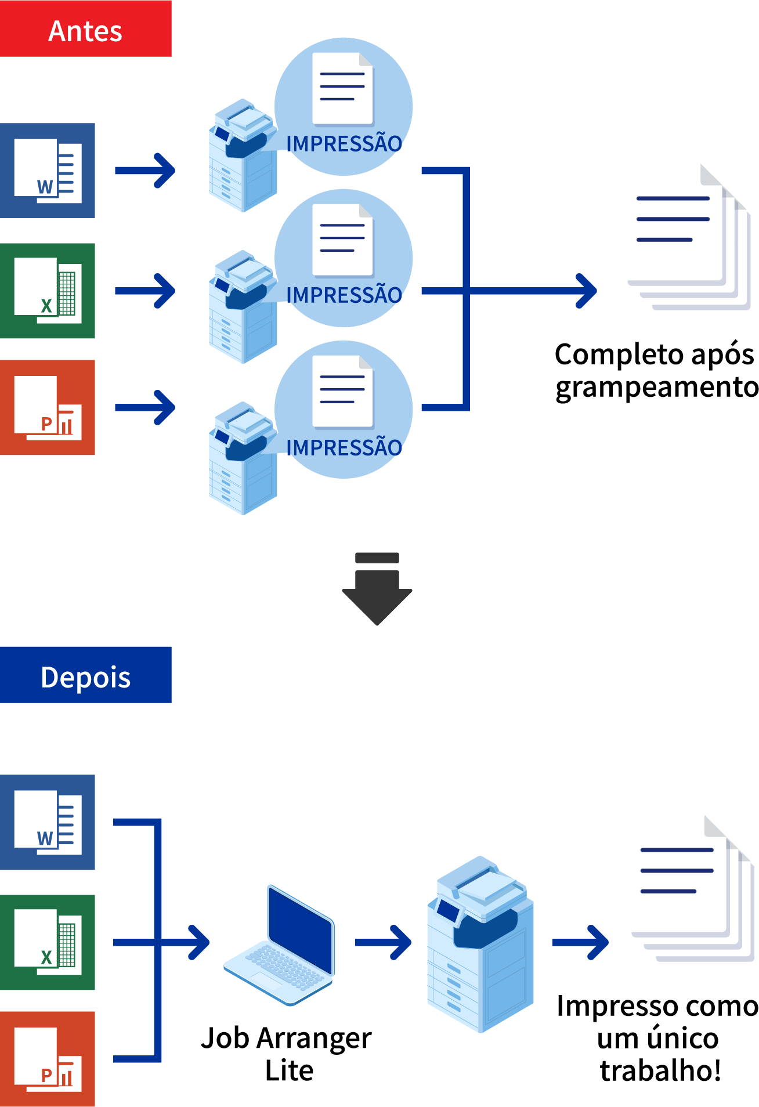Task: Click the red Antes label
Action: pos(85,29)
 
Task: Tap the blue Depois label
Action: pos(85,675)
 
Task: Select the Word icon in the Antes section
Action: pos(48,171)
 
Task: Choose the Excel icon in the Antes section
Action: pos(48,291)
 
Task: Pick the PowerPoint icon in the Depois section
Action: pos(48,1059)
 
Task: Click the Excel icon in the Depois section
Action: pos(48,942)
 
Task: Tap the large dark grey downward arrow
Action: pos(377,592)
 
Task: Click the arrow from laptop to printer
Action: pos(383,942)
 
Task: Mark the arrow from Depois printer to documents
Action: pos(580,942)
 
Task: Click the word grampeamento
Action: pos(657,388)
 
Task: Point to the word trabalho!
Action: pos(660,1070)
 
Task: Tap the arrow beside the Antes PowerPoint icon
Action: pos(145,407)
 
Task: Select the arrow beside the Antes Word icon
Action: pos(145,171)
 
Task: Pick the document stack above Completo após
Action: pos(691,238)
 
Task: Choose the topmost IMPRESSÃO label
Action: pos(344,143)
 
